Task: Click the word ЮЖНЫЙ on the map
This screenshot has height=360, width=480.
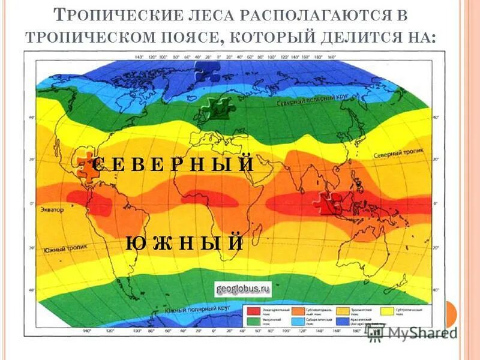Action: pos(184,243)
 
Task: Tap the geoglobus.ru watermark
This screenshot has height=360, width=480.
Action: pos(242,289)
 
